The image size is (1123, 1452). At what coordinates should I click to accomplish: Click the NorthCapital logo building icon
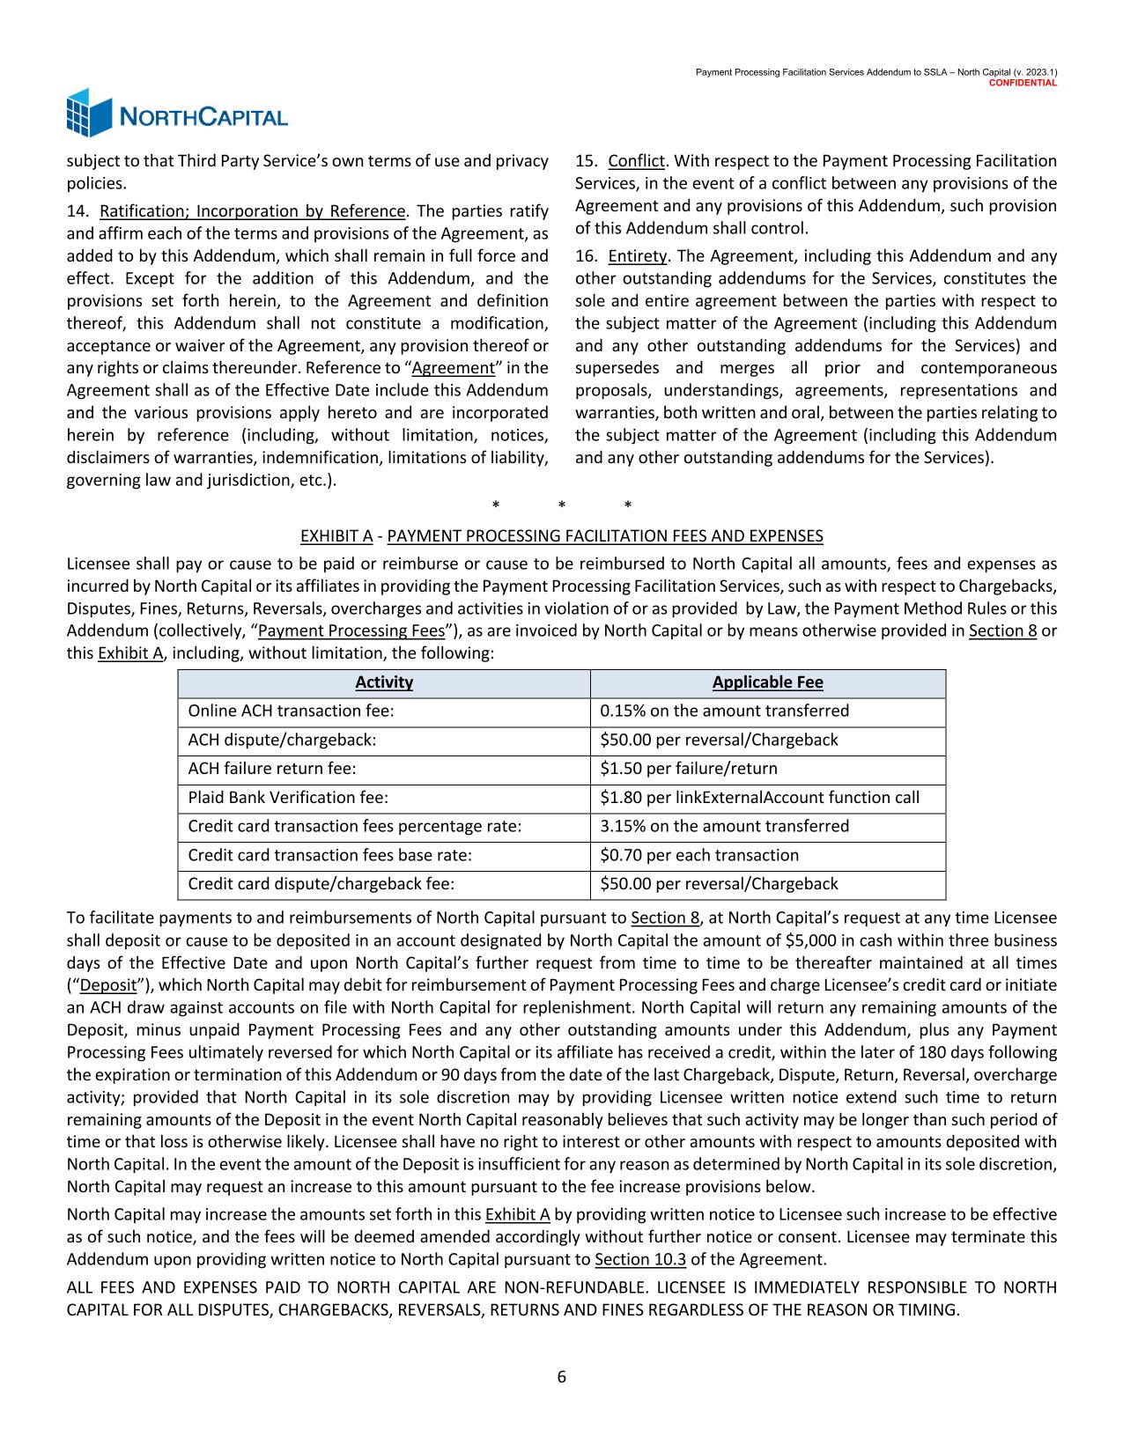point(90,113)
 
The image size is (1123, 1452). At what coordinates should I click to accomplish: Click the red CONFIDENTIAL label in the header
point(1023,82)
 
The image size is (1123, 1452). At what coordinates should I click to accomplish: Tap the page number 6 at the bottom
point(561,1377)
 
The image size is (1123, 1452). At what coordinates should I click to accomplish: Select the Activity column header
point(384,682)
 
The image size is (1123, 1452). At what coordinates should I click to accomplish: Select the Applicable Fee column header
point(767,682)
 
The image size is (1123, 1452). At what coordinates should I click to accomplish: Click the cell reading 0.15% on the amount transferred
point(724,711)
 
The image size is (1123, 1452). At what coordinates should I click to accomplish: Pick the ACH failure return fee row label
point(272,769)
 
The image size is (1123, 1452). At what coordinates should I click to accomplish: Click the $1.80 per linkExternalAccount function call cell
point(759,798)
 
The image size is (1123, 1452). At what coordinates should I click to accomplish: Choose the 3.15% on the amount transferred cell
point(724,826)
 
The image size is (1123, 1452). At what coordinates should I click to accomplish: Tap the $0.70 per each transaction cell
point(699,855)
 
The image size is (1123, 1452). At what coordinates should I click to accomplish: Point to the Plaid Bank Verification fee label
point(288,798)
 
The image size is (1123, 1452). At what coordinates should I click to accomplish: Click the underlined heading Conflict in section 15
point(637,161)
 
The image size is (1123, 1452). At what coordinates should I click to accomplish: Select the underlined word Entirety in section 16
point(639,256)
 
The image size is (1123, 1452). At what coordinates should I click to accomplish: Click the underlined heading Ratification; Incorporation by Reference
point(253,211)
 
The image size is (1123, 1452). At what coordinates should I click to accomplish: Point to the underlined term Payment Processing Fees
point(351,630)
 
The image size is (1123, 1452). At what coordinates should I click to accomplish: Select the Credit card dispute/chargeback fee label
point(321,884)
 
